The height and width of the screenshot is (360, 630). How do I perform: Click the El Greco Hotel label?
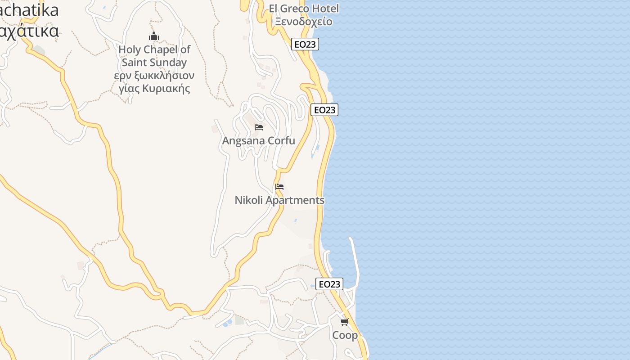pos(304,8)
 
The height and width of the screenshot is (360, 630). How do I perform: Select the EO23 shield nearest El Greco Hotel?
pos(305,44)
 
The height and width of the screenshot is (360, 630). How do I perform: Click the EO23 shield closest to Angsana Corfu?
pos(324,110)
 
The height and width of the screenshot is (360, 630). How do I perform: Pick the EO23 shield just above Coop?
pos(329,284)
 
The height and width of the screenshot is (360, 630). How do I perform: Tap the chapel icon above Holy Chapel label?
pos(154,36)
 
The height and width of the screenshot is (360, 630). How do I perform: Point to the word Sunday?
pos(168,63)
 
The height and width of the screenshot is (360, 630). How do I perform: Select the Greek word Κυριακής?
pos(166,88)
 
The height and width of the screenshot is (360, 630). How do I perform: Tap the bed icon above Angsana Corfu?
pos(259,127)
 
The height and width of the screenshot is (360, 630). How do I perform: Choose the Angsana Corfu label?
pos(259,140)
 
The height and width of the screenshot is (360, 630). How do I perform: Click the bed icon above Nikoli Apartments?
pos(279,187)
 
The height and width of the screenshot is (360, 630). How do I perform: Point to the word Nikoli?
pos(248,200)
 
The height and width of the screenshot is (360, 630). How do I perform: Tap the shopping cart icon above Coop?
pos(345,322)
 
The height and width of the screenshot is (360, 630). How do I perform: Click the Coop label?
pos(345,335)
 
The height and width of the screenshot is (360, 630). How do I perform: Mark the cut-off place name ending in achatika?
pos(29,10)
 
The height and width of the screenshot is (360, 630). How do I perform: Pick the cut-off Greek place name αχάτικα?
pos(29,31)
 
